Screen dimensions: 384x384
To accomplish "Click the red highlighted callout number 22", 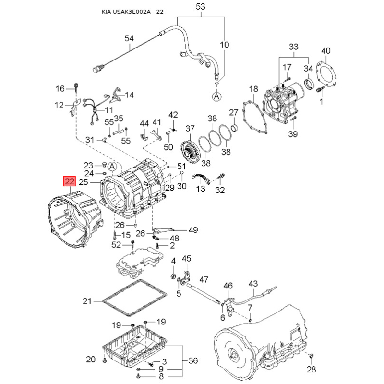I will (70, 182).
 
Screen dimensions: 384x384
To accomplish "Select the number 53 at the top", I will (201, 7).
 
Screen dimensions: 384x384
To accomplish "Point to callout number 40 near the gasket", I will (326, 50).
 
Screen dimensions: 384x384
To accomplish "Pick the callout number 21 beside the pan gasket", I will (87, 301).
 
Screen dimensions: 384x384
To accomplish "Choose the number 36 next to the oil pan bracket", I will (193, 360).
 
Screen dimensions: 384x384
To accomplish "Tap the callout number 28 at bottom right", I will (312, 369).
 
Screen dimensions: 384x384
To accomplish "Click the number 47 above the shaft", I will (204, 279).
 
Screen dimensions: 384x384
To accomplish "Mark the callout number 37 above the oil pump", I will (191, 128).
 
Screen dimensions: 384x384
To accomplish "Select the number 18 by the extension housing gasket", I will (253, 89).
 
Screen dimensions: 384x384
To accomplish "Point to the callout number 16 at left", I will (60, 88).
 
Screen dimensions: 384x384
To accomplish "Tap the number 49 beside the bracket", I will (193, 230).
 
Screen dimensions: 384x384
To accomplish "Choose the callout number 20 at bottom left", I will (91, 360).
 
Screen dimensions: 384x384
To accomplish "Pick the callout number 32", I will (220, 191).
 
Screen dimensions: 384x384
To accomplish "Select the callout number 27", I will (233, 112).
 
